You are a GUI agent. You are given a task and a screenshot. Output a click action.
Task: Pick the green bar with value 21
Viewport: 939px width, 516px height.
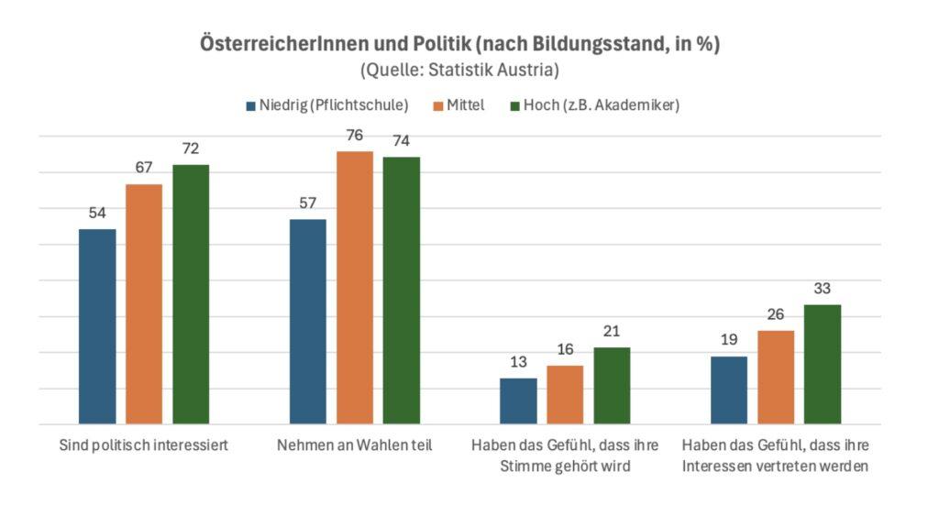point(612,385)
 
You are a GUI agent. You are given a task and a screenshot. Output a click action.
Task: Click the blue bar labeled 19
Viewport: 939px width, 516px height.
point(729,390)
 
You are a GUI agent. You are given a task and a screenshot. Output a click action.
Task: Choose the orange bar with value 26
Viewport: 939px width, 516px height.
point(776,377)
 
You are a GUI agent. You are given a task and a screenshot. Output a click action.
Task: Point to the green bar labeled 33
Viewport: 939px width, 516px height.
point(823,364)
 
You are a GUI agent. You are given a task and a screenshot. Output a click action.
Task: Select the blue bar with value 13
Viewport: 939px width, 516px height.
point(518,401)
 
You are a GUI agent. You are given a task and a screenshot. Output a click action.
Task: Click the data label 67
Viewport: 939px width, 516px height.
point(143,168)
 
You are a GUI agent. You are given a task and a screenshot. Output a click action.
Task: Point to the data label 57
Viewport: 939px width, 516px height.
point(307,203)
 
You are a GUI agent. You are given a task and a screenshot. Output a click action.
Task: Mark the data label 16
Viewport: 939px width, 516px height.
point(565,349)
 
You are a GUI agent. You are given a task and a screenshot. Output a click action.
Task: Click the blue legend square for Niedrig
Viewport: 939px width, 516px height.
point(249,106)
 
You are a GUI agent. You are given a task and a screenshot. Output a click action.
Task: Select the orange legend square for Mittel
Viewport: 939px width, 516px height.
point(436,106)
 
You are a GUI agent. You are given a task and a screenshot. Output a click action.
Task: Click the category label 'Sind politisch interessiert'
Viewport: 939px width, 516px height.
point(142,446)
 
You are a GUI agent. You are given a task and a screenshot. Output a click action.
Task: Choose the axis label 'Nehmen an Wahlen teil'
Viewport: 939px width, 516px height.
point(354,446)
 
